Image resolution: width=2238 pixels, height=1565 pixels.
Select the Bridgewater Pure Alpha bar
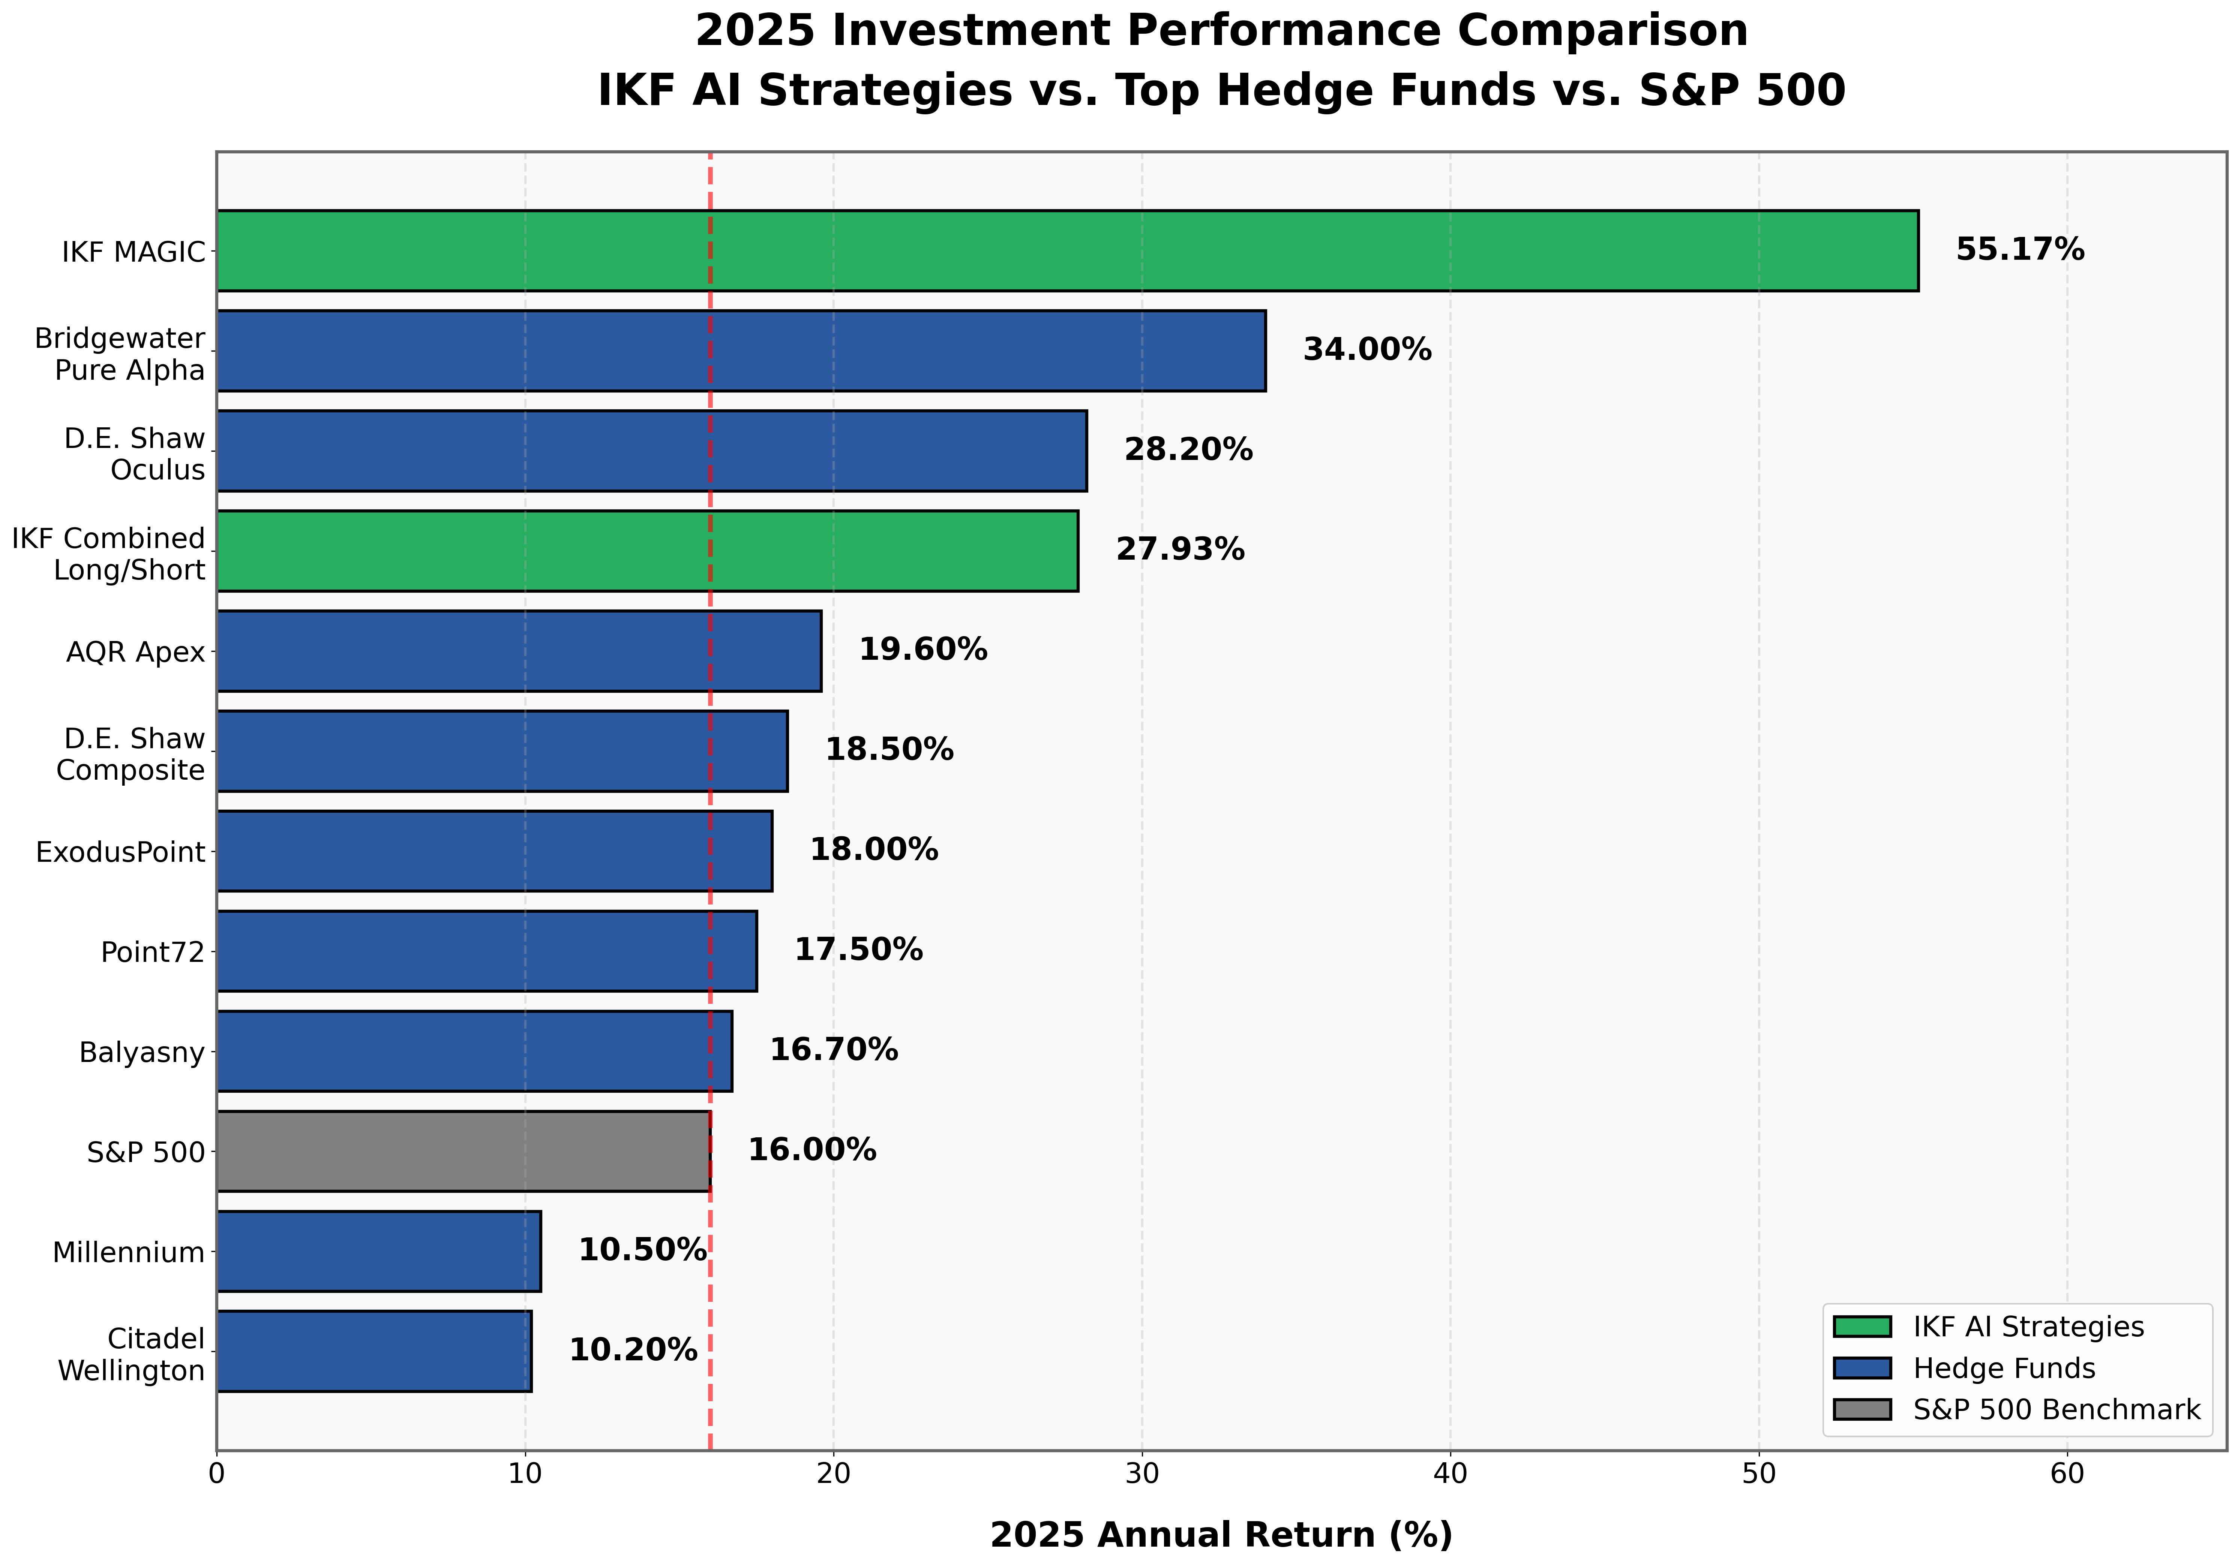pyautogui.click(x=741, y=351)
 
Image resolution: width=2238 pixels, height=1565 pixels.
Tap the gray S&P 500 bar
pyautogui.click(x=463, y=1151)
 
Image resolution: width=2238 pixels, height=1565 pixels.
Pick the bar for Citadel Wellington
pyautogui.click(x=373, y=1351)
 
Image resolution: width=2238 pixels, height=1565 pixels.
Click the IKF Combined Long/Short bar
pyautogui.click(x=647, y=551)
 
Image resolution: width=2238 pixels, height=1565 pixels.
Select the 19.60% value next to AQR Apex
pyautogui.click(x=922, y=650)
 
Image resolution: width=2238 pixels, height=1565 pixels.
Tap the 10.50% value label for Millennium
pyautogui.click(x=641, y=1250)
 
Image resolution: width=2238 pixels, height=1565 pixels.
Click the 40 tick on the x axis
pyautogui.click(x=1450, y=1474)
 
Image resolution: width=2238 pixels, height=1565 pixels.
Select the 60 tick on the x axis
pyautogui.click(x=2067, y=1474)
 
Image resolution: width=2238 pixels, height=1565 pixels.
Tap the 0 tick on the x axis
pyautogui.click(x=216, y=1474)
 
